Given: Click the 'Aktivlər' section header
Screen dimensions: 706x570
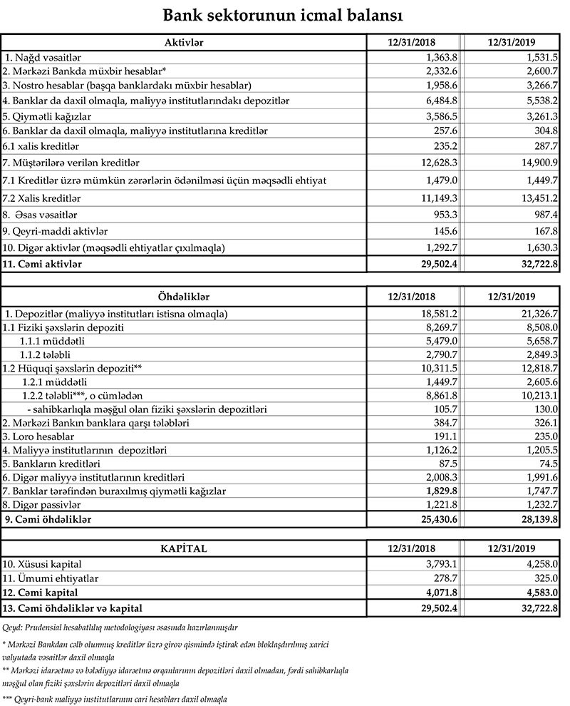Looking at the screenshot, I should (184, 42).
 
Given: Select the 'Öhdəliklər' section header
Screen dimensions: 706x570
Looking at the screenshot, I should (184, 295).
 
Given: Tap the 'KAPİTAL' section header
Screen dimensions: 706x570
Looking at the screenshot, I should (184, 548).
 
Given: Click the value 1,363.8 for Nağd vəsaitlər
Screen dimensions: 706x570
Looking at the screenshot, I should (437, 57).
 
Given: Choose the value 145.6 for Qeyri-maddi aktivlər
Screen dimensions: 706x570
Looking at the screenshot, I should (442, 231).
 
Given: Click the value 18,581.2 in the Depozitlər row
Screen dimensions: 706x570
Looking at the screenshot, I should (434, 314).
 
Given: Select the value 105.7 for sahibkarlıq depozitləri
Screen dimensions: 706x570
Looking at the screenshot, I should (442, 409).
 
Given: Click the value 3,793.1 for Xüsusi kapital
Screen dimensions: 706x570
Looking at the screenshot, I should (437, 563).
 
